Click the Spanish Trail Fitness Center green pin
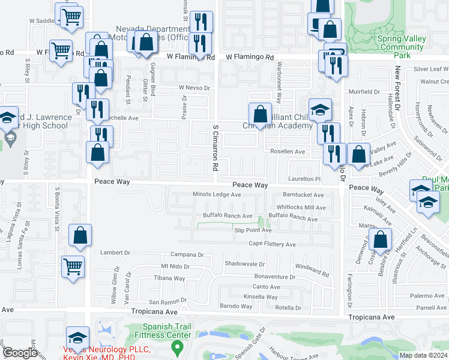pyautogui.click(x=177, y=346)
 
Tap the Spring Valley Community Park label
pyautogui.click(x=402, y=47)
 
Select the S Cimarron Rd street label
pyautogui.click(x=214, y=146)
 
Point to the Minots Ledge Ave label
pyautogui.click(x=217, y=194)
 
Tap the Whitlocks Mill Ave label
pyautogui.click(x=301, y=208)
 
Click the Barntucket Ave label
pyautogui.click(x=303, y=194)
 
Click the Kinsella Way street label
pyautogui.click(x=261, y=297)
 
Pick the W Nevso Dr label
pyautogui.click(x=196, y=88)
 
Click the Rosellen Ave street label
pyautogui.click(x=288, y=152)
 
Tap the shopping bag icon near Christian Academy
pyautogui.click(x=260, y=114)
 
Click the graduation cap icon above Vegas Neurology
pyautogui.click(x=77, y=337)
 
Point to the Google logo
pyautogui.click(x=20, y=353)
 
